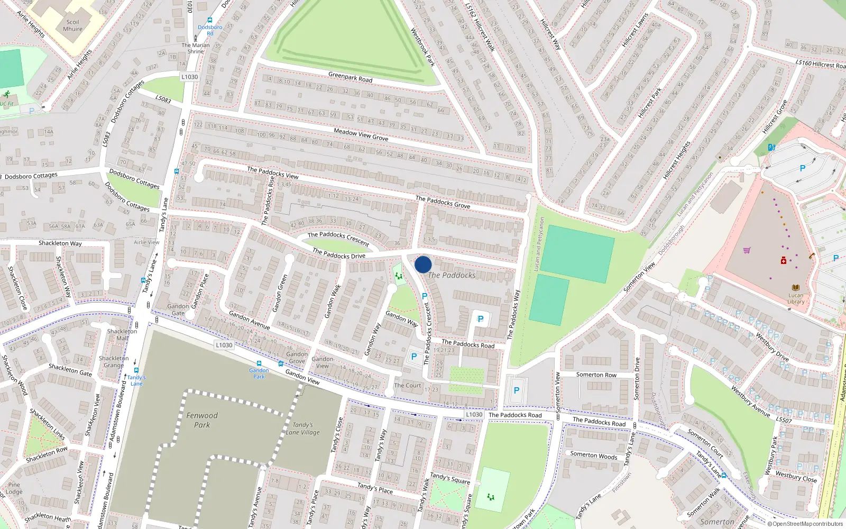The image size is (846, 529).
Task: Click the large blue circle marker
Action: [x=423, y=264]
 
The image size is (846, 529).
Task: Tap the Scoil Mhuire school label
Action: [x=73, y=25]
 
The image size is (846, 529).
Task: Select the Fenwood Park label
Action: [x=202, y=420]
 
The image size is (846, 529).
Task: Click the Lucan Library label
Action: [x=796, y=298]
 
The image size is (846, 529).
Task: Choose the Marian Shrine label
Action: [x=196, y=48]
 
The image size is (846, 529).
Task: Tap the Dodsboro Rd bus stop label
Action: [x=210, y=30]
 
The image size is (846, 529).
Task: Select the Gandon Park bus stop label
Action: [x=259, y=373]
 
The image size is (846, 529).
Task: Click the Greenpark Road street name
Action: [x=350, y=77]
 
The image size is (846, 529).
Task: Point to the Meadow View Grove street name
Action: [x=361, y=134]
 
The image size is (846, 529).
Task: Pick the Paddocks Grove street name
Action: [x=443, y=202]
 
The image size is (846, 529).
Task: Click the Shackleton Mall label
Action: [x=122, y=334]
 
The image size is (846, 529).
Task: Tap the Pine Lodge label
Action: [x=14, y=488]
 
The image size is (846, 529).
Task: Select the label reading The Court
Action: [x=408, y=385]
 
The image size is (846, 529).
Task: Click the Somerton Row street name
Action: [x=596, y=375]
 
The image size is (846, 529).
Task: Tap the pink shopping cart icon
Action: [x=747, y=250]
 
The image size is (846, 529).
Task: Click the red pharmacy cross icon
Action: [x=784, y=260]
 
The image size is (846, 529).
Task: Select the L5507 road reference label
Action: [x=784, y=420]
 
